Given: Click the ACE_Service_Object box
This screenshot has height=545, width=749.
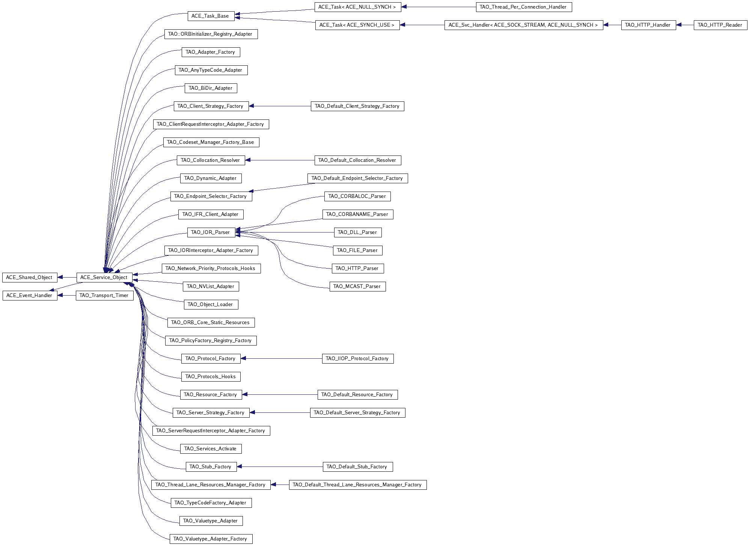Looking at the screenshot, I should [x=104, y=278].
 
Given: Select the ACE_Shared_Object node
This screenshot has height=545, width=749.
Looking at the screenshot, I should [x=29, y=278].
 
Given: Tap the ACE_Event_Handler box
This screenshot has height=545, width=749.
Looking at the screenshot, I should [x=29, y=296].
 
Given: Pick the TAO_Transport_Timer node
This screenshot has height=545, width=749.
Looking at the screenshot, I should [x=104, y=296].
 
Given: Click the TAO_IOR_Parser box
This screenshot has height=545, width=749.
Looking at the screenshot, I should [x=211, y=232].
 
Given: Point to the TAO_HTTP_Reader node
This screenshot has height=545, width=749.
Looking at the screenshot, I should [x=720, y=25].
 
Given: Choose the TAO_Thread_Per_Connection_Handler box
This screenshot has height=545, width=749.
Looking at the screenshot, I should [x=523, y=7].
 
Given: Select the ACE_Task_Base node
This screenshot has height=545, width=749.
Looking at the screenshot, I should [x=210, y=16].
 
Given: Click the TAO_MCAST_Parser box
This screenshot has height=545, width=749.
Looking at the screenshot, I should [x=357, y=287].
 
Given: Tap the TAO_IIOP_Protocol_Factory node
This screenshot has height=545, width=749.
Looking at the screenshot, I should [x=357, y=359].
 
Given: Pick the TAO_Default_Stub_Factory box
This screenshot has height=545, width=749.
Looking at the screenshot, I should [x=357, y=467].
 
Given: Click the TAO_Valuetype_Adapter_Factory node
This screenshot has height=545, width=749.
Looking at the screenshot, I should [x=211, y=539].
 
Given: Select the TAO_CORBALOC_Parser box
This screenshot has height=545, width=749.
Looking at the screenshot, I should [x=357, y=196].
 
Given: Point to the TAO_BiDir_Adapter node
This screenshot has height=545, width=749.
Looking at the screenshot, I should [x=211, y=88].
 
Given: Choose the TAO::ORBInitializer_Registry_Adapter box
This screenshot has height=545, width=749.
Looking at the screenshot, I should [x=211, y=34].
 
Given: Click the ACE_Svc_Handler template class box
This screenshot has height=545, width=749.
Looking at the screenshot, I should [x=523, y=25].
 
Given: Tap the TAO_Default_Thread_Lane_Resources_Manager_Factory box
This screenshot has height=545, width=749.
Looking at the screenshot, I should [x=357, y=485].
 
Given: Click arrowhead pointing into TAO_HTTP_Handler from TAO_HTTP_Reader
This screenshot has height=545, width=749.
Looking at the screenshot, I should [x=679, y=25].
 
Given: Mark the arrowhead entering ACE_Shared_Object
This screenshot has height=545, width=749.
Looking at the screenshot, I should [x=60, y=278].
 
